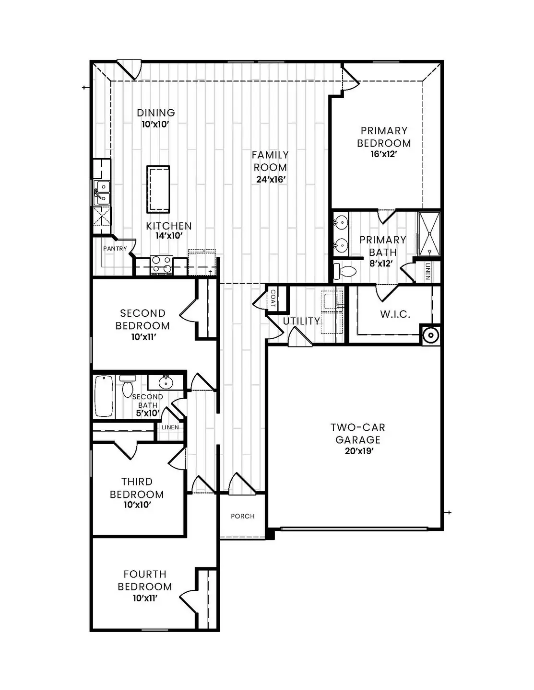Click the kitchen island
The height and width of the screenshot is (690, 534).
[x=158, y=189]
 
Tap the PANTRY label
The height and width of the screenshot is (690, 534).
[x=115, y=249]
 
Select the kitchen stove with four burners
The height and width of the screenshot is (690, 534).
[x=162, y=264]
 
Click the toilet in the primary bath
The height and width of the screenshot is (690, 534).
[x=344, y=271]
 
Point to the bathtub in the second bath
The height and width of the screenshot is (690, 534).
[x=104, y=396]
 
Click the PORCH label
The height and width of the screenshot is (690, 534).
[x=242, y=516]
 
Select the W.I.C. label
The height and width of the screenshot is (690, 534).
[x=395, y=314]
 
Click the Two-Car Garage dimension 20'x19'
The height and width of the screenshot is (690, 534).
[x=357, y=451]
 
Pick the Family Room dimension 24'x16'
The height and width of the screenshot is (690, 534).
[x=271, y=180]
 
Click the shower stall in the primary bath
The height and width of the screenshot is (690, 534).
[x=428, y=234]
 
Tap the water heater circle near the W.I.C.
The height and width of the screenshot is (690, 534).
[x=430, y=334]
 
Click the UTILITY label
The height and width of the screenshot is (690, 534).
[x=301, y=321]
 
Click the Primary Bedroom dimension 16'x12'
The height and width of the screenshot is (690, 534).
[x=384, y=154]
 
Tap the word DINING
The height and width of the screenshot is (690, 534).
[x=156, y=113]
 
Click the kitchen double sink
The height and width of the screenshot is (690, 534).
[x=102, y=191]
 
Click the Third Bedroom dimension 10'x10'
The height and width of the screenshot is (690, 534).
[x=137, y=505]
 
